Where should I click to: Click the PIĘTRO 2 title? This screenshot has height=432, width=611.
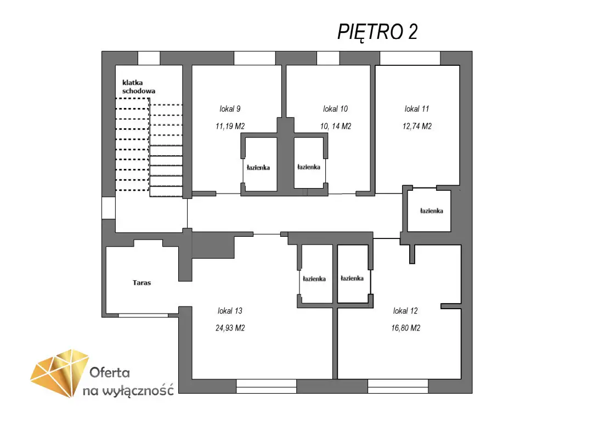(377, 32)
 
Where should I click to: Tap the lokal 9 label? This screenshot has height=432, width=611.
(230, 109)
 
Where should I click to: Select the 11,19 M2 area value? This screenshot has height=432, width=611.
(230, 126)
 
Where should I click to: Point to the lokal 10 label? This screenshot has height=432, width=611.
(335, 109)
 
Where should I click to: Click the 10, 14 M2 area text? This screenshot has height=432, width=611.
(336, 126)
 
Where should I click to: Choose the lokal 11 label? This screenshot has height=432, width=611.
(416, 109)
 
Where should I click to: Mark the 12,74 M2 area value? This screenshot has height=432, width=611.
(417, 126)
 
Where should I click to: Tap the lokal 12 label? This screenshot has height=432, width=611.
(405, 310)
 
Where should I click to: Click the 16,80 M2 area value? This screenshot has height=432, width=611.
(406, 328)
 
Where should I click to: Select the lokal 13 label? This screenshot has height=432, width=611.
(230, 310)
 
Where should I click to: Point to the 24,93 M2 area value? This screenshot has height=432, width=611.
(230, 328)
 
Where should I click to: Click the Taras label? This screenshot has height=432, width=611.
(142, 283)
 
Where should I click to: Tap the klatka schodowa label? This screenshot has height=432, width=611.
(139, 87)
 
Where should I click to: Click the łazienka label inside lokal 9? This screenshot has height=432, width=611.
(258, 168)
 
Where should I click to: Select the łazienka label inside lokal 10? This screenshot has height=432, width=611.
(309, 167)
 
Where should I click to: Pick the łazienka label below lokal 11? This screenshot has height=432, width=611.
(431, 211)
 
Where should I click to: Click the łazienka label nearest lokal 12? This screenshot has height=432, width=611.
(352, 278)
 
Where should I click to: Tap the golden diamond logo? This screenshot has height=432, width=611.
(60, 373)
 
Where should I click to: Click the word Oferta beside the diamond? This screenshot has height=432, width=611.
(110, 373)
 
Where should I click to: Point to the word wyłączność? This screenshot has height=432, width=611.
(138, 390)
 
